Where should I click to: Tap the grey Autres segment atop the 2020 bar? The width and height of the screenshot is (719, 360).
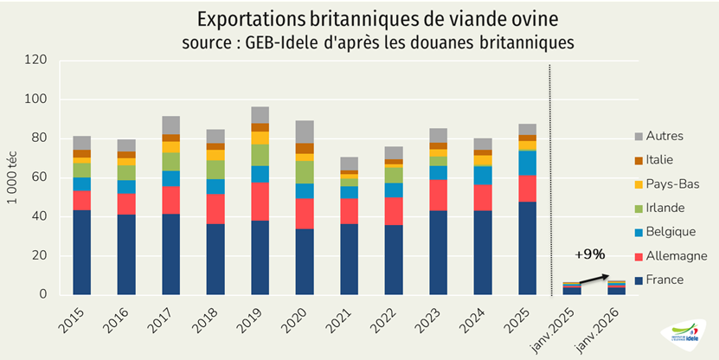click(x=304, y=132)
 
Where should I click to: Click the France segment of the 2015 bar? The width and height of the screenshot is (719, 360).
click(x=82, y=252)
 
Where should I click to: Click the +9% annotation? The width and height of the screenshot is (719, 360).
click(x=590, y=254)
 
